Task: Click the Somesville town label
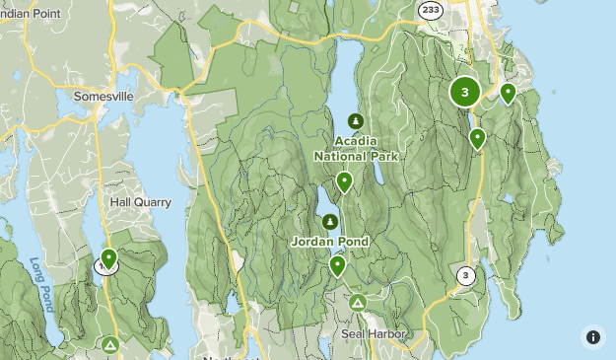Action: [103, 97]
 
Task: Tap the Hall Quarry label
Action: [140, 202]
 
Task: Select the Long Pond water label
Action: [39, 285]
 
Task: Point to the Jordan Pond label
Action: [330, 242]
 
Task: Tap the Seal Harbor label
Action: [375, 334]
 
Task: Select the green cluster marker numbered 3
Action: [465, 93]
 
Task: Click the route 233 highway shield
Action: [430, 9]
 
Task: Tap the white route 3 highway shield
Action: [465, 276]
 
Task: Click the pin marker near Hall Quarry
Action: [109, 258]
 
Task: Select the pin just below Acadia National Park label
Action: [344, 181]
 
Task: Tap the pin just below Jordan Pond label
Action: [338, 264]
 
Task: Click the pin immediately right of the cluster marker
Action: [508, 93]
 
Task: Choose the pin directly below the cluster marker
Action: [477, 138]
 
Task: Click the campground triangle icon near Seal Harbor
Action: [358, 303]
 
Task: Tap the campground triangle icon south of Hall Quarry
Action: [110, 344]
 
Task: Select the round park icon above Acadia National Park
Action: [355, 122]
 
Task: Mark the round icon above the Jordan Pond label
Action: [330, 222]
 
